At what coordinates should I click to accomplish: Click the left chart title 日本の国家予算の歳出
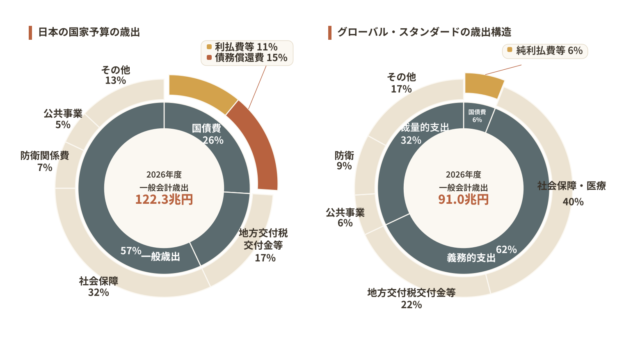[x=89, y=32]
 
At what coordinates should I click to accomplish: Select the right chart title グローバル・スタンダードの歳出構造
[x=424, y=32]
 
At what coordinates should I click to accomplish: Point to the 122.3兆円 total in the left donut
[x=164, y=200]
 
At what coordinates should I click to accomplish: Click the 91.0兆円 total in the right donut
[x=463, y=200]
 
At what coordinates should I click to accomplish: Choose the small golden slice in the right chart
[x=484, y=85]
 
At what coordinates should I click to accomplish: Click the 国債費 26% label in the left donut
[x=208, y=134]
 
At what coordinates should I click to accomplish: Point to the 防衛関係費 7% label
[x=44, y=161]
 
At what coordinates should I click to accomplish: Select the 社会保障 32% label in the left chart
[x=98, y=287]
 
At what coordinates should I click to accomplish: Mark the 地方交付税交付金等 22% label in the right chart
[x=411, y=298]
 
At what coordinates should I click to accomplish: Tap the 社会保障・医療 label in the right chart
[x=571, y=186]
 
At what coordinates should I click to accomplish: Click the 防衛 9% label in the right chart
[x=344, y=160]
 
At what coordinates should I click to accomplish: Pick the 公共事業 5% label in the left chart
[x=63, y=119]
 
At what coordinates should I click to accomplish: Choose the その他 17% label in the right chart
[x=401, y=83]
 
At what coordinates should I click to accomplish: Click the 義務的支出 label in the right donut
[x=471, y=258]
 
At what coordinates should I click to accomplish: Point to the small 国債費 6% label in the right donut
[x=477, y=116]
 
